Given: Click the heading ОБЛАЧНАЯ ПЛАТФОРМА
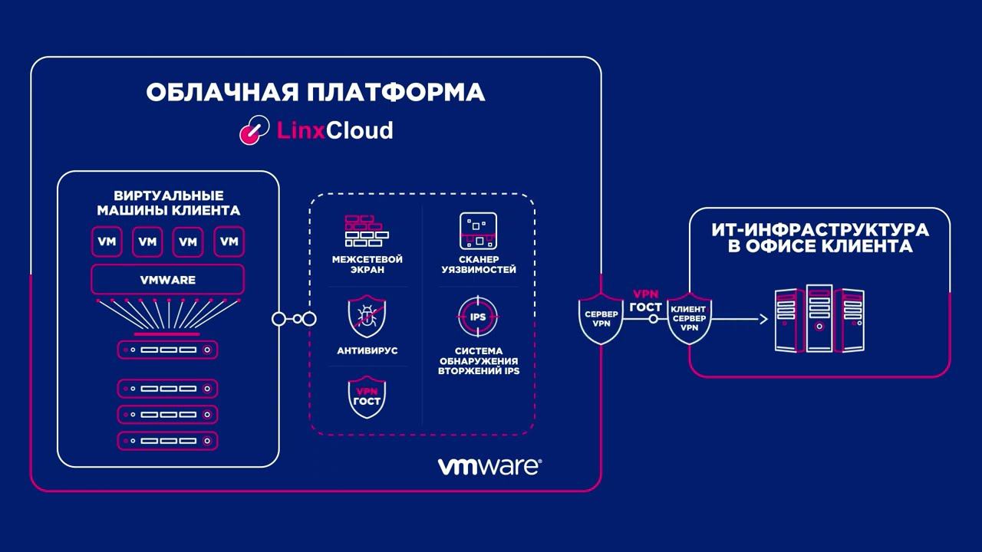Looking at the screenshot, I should (315, 93).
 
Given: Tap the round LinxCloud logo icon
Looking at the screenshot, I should (252, 130).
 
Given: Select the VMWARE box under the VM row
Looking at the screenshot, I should (167, 280).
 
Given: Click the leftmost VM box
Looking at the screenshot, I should (107, 242).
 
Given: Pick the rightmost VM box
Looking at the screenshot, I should (229, 242).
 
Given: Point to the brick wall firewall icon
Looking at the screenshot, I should (366, 229).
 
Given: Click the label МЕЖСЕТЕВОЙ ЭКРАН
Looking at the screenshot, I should (367, 264).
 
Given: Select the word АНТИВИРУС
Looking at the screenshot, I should (367, 350).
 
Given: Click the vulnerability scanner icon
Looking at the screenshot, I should (479, 231).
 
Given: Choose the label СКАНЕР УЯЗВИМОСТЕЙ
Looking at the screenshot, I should (479, 264).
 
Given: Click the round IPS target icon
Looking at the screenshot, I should (478, 317).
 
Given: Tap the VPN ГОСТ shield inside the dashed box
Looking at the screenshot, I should (367, 396).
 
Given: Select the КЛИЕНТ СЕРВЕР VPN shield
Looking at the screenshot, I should (689, 318).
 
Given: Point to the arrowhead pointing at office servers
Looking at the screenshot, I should (763, 318).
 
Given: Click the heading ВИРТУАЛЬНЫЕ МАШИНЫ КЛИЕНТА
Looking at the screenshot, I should (167, 202).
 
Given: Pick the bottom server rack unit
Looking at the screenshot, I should (167, 441).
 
